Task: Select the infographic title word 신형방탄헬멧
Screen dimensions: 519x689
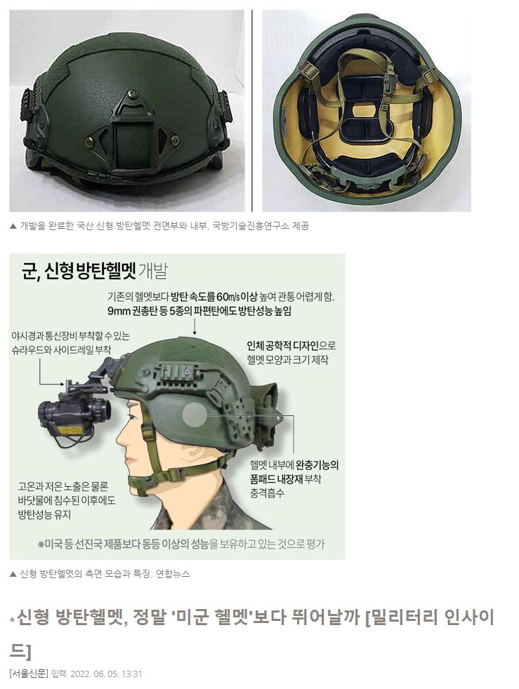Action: (90, 272)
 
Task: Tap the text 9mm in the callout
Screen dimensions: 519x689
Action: (119, 311)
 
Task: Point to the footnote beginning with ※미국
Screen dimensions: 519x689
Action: (181, 544)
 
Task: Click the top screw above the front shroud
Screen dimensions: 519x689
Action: (131, 95)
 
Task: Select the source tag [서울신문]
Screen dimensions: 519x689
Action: (29, 674)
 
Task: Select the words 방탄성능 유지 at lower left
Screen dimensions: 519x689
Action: (44, 514)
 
